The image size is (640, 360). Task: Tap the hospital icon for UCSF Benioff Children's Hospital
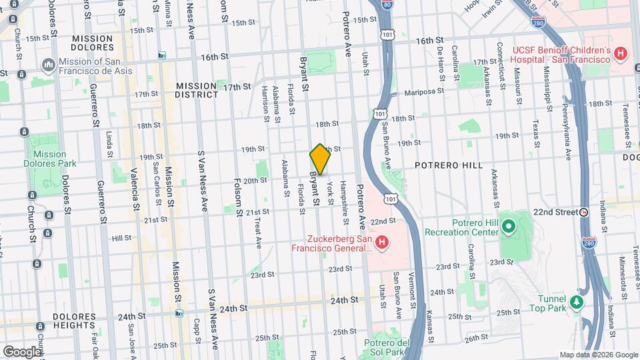click(621, 53)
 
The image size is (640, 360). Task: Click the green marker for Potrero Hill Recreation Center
click(509, 227)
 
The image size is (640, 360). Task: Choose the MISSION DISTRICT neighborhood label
click(197, 90)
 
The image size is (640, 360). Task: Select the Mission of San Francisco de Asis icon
click(48, 65)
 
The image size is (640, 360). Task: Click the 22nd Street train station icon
click(584, 212)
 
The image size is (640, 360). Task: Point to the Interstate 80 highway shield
click(388, 5)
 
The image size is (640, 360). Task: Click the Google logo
click(21, 351)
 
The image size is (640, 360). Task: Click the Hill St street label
click(122, 238)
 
